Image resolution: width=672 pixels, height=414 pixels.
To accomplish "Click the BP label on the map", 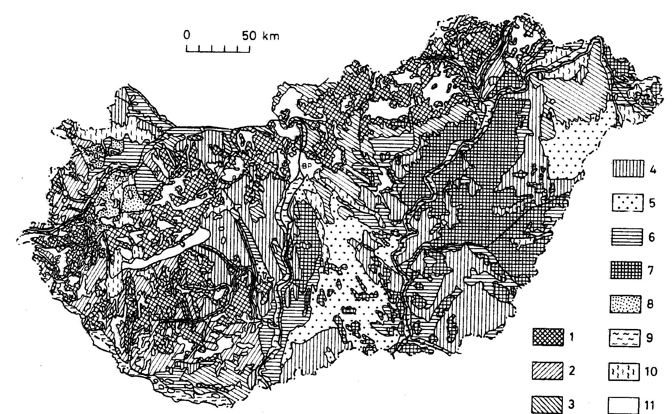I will [307, 167].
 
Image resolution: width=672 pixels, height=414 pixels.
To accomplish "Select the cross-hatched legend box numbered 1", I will [548, 337].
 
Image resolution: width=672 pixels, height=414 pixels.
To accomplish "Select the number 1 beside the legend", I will [572, 337].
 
